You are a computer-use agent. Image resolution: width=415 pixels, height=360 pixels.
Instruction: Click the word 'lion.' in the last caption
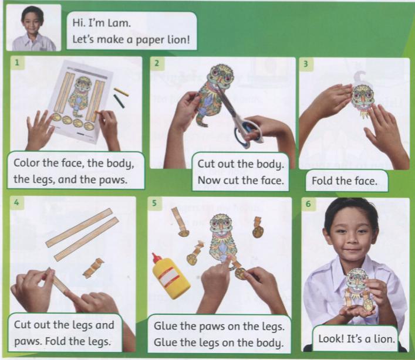point(383,338)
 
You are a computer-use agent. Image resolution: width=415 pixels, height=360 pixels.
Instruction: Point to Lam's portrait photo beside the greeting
point(33,28)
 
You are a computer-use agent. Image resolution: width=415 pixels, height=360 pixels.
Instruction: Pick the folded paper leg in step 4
point(93,267)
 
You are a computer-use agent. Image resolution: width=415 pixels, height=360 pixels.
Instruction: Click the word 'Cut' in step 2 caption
point(207,164)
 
